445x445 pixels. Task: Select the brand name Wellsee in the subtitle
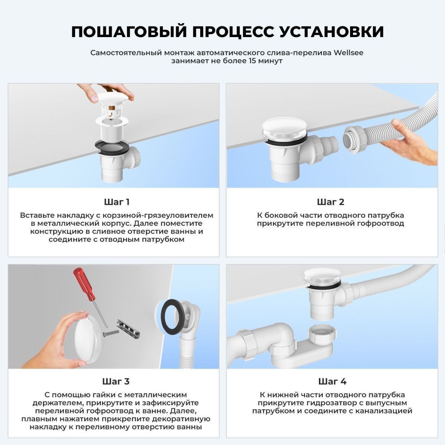click(349, 53)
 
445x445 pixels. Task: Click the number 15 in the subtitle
click(253, 61)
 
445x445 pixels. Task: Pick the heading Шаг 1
click(116, 202)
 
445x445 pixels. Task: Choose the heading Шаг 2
click(330, 202)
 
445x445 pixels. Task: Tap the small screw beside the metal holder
click(110, 333)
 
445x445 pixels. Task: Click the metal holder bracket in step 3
click(128, 329)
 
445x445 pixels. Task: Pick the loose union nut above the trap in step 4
click(322, 333)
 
